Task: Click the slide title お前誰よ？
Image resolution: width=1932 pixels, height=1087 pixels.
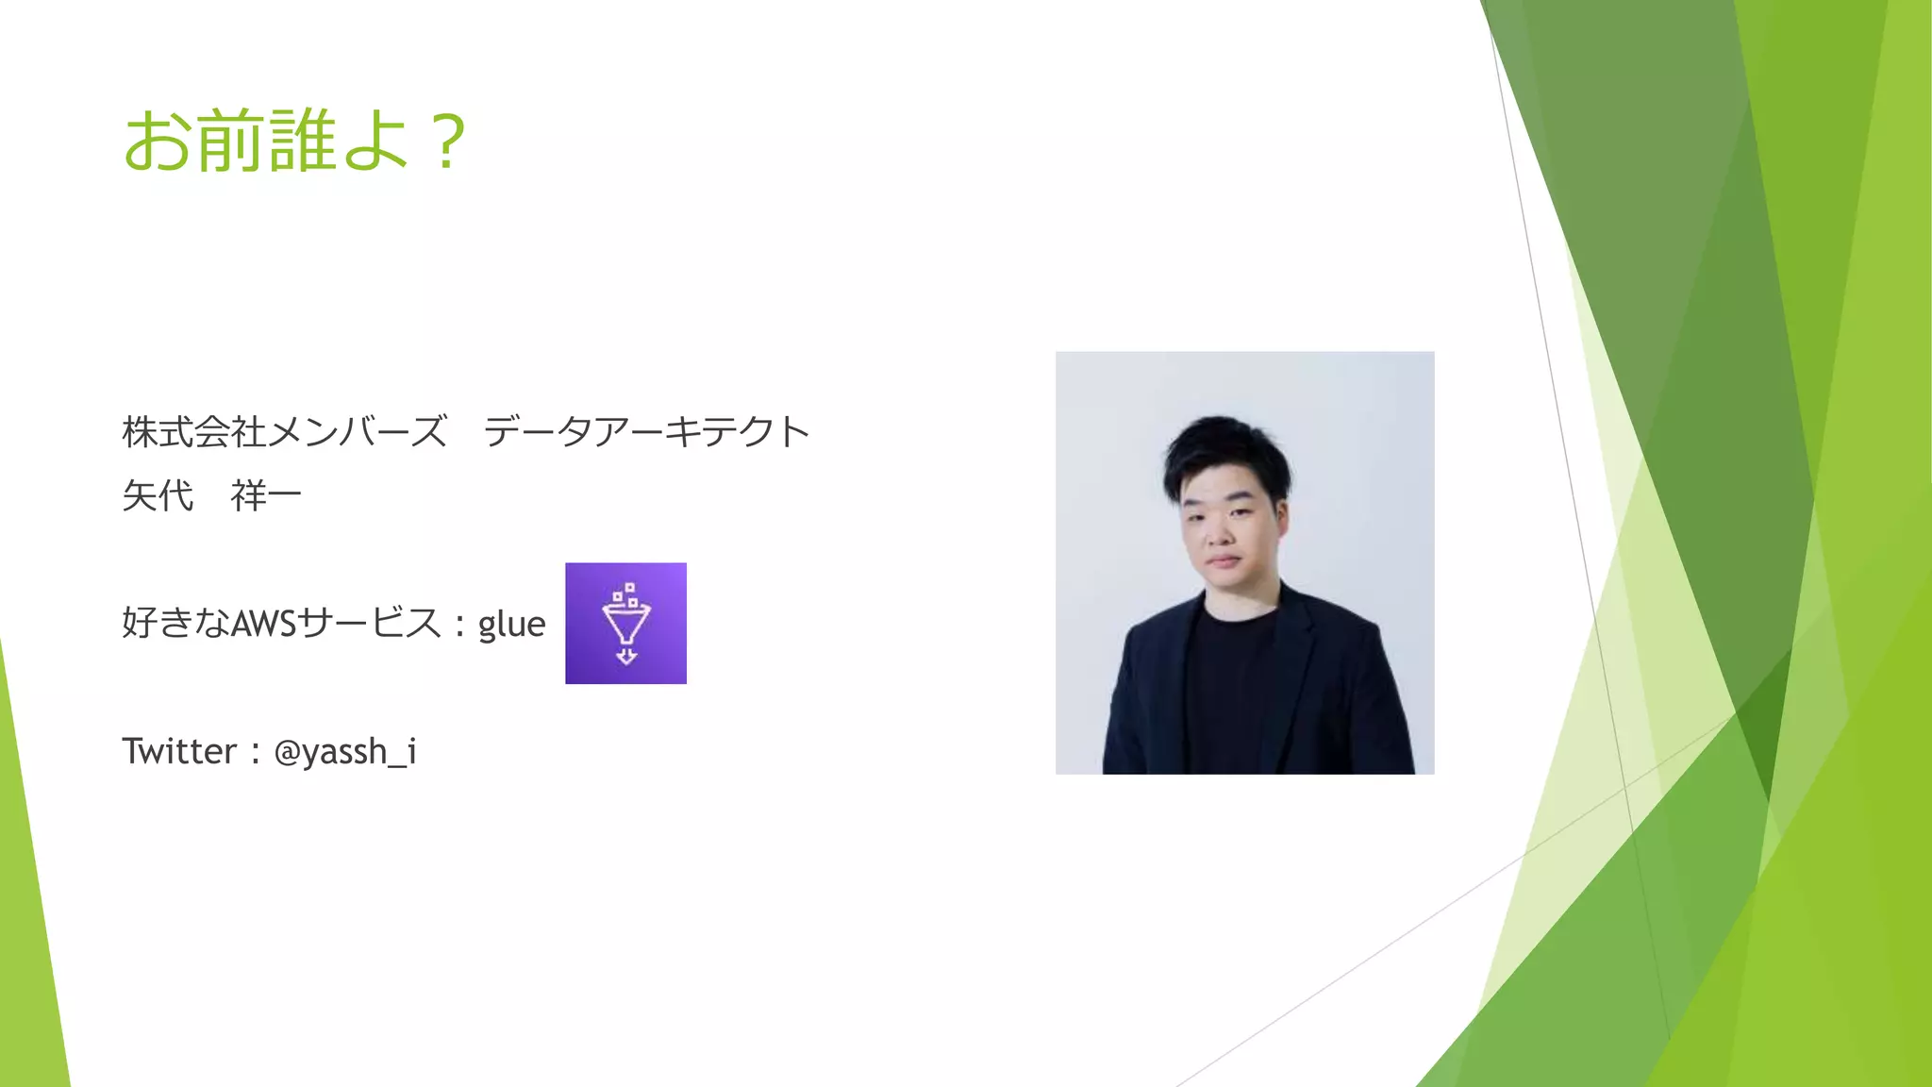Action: [x=294, y=142]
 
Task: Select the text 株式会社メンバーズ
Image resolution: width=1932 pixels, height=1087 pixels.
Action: [x=284, y=432]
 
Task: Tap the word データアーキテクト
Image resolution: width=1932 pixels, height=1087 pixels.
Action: [x=646, y=432]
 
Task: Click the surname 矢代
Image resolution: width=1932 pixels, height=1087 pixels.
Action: [x=158, y=495]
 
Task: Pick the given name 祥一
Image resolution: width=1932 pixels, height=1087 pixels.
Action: [x=265, y=495]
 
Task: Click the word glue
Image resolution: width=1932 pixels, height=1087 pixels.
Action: [x=511, y=624]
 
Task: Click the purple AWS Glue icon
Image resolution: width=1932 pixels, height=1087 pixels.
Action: [x=625, y=624]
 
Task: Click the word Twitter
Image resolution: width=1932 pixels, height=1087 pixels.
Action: [x=179, y=751]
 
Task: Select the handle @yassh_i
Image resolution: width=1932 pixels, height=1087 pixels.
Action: [x=345, y=752]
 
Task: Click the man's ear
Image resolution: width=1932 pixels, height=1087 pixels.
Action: [x=1283, y=522]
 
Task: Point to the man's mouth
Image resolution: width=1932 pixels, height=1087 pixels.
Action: [x=1223, y=560]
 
